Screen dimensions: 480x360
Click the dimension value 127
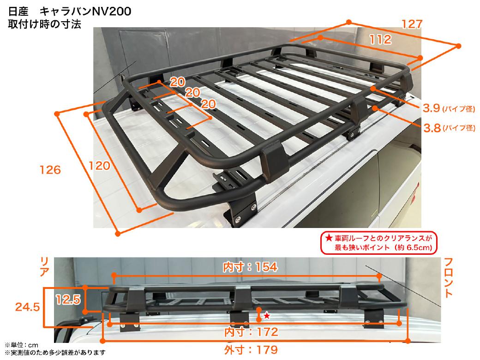point(412,24)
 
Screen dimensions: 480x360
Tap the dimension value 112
point(380,40)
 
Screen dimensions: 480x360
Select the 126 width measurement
point(50,170)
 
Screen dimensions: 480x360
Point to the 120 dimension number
point(99,166)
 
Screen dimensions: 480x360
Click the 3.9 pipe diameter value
point(432,108)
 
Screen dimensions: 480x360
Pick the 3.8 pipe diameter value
point(432,128)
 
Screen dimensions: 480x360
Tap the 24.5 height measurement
point(28,307)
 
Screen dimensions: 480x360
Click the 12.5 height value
point(68,299)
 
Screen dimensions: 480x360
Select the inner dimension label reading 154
point(250,267)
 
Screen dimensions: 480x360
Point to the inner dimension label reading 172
point(251,332)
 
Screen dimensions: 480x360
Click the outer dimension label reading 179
point(251,349)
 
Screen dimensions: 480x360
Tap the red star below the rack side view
point(267,315)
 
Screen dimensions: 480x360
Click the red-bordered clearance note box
point(378,243)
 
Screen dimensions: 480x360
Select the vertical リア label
point(45,267)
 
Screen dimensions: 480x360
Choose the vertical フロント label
point(448,278)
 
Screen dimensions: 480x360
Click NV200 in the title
point(112,12)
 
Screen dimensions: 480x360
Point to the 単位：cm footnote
point(21,345)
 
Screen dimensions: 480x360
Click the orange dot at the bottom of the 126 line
point(118,234)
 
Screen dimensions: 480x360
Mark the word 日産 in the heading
point(18,12)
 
